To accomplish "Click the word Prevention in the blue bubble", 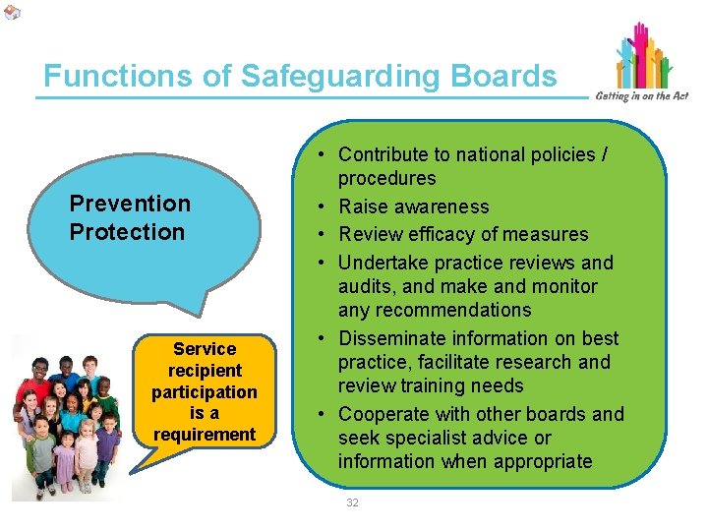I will coord(130,204).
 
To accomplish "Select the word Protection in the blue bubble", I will coord(127,232).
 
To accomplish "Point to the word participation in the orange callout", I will coord(205,391).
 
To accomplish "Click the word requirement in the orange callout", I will coord(205,434).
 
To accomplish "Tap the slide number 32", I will coord(353,503).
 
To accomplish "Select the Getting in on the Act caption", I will coord(641,95).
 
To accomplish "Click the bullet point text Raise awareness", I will coord(413,206).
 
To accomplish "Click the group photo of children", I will coord(67,417).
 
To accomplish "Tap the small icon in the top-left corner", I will coord(11,11).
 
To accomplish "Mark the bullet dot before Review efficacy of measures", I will coord(323,234).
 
